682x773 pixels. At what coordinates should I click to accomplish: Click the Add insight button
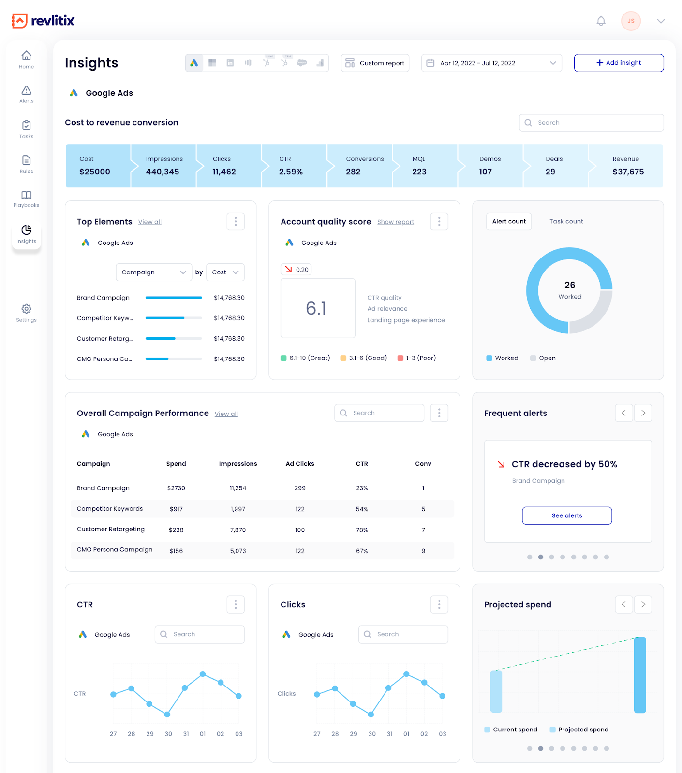619,63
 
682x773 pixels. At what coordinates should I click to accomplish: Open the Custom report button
375,63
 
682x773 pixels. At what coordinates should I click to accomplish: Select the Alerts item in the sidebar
27,94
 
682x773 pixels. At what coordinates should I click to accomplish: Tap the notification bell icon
601,21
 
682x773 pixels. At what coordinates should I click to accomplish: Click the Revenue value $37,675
628,172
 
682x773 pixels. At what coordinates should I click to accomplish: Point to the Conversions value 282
353,172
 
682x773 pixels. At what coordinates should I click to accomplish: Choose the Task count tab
566,221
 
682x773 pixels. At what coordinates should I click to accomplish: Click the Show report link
396,222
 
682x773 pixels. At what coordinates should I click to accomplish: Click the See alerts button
567,515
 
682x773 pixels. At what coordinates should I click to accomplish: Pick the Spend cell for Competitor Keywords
176,509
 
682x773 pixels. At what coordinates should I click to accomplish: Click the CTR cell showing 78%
362,530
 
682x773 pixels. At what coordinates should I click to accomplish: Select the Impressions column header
238,464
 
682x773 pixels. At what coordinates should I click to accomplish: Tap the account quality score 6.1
316,308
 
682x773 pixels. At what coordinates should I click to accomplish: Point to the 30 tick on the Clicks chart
372,734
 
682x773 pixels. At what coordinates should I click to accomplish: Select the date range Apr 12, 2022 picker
491,63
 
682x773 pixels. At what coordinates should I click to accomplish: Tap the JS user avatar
631,21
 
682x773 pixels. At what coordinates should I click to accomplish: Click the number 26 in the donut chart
570,285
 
